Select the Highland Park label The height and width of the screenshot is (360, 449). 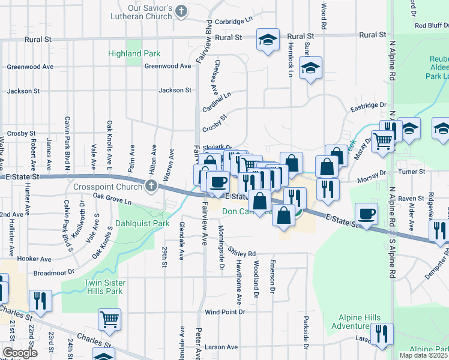pyautogui.click(x=134, y=54)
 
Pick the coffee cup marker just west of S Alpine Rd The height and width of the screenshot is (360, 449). pyautogui.click(x=366, y=214)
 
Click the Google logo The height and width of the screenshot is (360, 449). pyautogui.click(x=19, y=353)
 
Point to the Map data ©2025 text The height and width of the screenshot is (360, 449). pyautogui.click(x=424, y=355)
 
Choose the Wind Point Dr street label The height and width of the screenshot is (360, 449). pyautogui.click(x=225, y=313)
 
